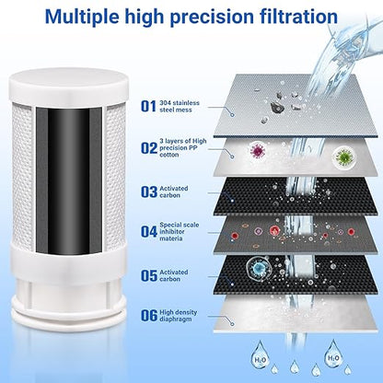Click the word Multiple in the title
(x=100, y=17)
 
